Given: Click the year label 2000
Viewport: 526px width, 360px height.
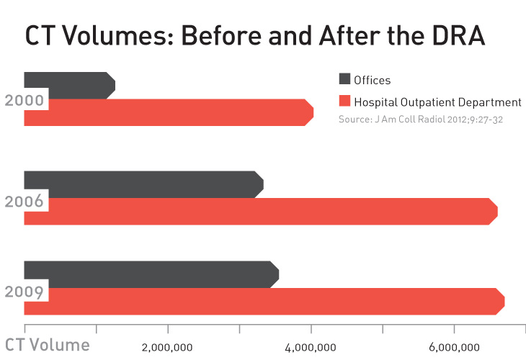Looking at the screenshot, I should pyautogui.click(x=24, y=101).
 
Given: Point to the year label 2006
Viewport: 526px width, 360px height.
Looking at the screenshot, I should pyautogui.click(x=24, y=201).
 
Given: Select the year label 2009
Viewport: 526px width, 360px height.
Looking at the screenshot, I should pyautogui.click(x=24, y=292).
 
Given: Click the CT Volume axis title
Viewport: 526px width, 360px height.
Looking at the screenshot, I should pyautogui.click(x=48, y=345).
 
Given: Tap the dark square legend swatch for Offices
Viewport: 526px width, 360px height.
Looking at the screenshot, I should pyautogui.click(x=344, y=80).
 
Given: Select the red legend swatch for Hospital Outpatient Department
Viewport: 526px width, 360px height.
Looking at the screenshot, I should pyautogui.click(x=344, y=102).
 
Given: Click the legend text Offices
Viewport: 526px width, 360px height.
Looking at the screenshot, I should pyautogui.click(x=373, y=81).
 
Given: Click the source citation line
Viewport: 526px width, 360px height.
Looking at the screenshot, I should pyautogui.click(x=420, y=119).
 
